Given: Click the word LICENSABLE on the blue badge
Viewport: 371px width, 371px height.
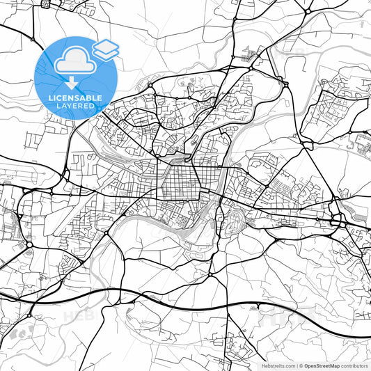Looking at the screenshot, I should coord(76,98).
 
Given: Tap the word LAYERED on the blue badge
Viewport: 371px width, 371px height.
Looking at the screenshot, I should coord(76,106).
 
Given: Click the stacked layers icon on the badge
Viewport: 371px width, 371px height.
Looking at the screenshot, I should coord(106,49).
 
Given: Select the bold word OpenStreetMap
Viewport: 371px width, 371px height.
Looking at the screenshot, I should coord(322,365).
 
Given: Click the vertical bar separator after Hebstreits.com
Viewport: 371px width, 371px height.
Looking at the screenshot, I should coord(296,365).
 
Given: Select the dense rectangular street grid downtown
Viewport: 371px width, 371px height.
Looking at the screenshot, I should coord(182,184).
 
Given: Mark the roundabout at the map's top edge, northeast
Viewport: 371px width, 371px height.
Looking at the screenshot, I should coord(307,11).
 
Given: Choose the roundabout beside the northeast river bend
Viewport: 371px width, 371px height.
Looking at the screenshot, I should coord(285,84).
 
